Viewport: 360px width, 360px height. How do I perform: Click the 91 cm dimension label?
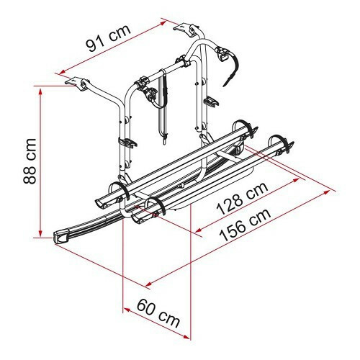109,37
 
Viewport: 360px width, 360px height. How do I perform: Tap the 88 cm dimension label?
30,161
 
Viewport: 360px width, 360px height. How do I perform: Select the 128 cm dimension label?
242,199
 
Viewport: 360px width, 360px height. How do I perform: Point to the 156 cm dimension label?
246,225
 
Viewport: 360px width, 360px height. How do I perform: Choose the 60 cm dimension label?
158,313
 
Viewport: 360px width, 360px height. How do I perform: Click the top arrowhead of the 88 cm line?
40,91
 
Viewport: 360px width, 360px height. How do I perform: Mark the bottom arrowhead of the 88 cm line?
40,233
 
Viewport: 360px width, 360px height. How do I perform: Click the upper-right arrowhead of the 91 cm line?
163,23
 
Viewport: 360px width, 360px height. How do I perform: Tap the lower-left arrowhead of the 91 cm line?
63,71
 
